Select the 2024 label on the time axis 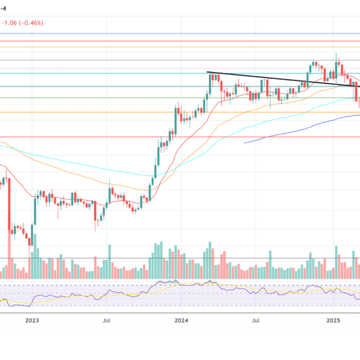point(181,321)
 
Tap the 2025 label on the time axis point(334,321)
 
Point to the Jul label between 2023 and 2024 point(107,321)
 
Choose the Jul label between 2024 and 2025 point(257,321)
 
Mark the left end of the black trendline point(209,73)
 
